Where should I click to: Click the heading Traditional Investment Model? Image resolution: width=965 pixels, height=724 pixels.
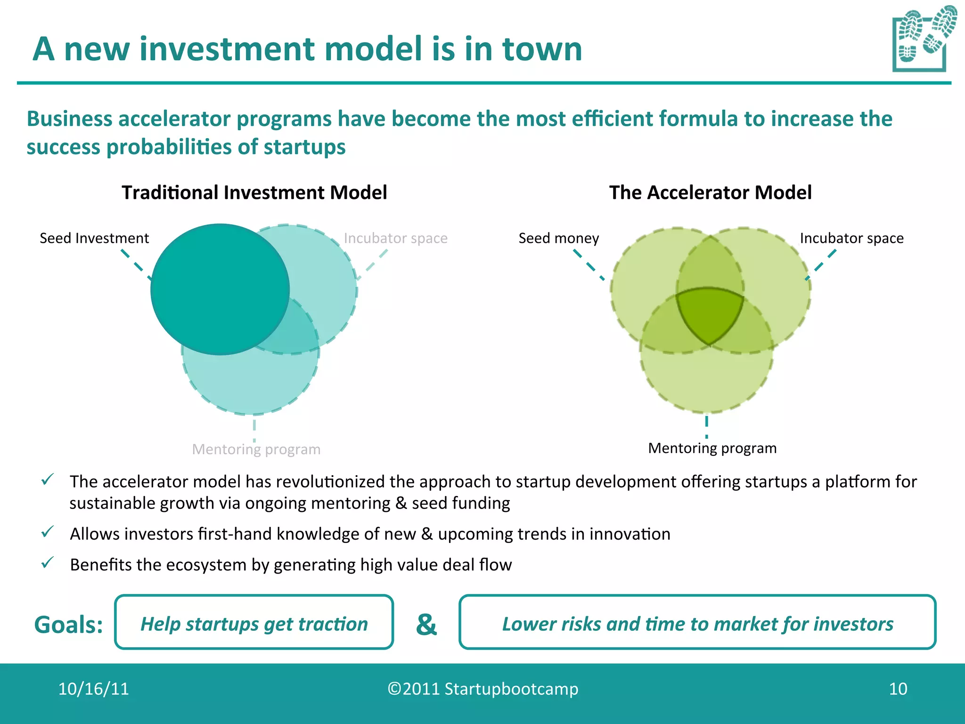point(254,193)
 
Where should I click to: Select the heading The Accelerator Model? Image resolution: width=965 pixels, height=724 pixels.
point(710,193)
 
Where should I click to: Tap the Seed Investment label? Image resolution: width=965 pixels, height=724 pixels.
point(94,238)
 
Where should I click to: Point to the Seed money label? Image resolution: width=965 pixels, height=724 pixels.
point(558,238)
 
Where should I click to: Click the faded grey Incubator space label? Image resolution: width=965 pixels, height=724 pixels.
point(395,238)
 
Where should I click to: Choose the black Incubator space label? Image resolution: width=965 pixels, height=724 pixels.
point(851,238)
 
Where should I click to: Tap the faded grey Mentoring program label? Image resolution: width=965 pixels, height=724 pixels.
point(256,449)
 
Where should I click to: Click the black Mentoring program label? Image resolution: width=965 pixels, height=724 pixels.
point(712,448)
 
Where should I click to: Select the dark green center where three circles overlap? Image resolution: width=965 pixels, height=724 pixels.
point(710,313)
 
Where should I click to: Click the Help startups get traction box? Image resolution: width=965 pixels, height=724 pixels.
point(254,622)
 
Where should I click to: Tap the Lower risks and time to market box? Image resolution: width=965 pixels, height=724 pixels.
point(697,622)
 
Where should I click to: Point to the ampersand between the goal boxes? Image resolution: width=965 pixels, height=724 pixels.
point(426,624)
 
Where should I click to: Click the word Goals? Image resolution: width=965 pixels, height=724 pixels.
point(69,625)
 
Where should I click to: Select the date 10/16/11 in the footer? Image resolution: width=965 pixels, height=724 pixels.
point(93,689)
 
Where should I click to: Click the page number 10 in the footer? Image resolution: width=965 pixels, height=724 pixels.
point(898,689)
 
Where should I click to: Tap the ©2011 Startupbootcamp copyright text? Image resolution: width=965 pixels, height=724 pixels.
point(482,689)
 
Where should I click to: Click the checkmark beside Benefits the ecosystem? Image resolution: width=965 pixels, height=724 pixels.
point(48,562)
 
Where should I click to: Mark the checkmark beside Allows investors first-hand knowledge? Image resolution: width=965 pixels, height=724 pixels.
point(48,532)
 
